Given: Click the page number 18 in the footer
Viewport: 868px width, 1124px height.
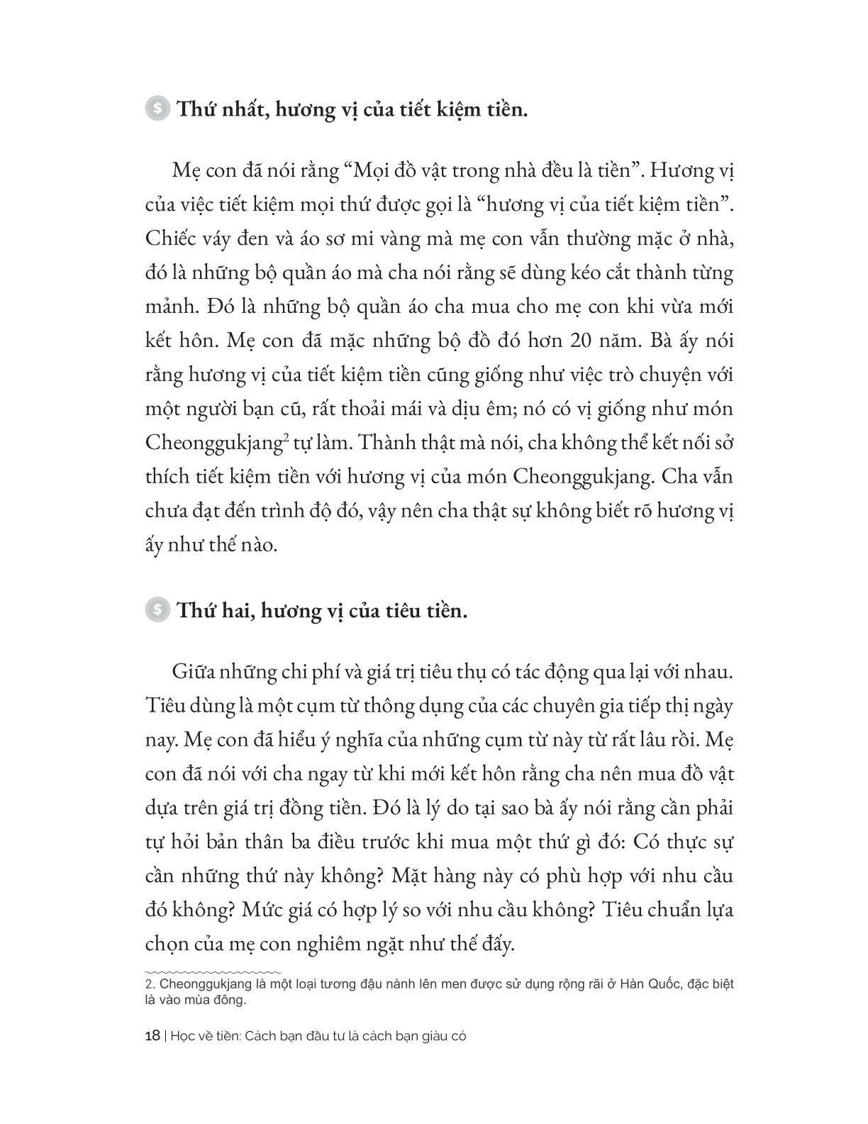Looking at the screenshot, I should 151,1035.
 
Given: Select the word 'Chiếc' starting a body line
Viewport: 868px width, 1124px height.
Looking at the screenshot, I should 172,239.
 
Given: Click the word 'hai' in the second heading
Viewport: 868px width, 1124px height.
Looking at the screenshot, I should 235,610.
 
